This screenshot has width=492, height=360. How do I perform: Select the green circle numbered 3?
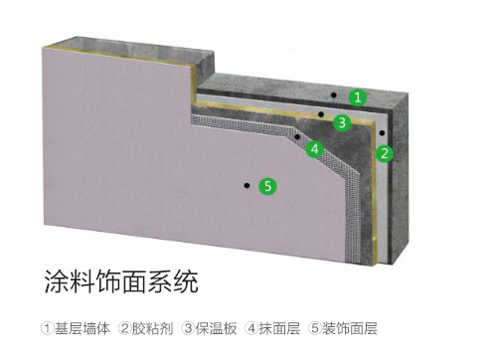tap(342, 123)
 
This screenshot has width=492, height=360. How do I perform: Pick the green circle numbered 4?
tap(315, 150)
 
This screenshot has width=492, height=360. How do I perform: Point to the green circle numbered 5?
tap(266, 185)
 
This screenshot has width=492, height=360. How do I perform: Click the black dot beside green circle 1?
tap(335, 96)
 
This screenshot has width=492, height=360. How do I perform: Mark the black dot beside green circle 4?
tap(297, 135)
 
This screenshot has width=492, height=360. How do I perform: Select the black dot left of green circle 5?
tap(243, 184)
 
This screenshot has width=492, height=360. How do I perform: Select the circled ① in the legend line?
tap(47, 327)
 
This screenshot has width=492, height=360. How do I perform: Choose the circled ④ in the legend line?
tap(251, 327)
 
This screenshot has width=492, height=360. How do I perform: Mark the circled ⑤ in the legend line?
tap(314, 327)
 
